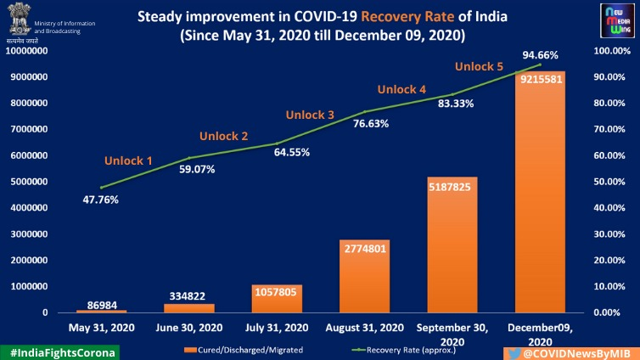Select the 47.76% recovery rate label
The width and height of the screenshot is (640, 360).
101,200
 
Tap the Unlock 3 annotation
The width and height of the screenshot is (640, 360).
310,115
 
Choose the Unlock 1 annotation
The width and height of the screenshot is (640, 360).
129,160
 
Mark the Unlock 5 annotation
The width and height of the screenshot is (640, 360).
480,65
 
